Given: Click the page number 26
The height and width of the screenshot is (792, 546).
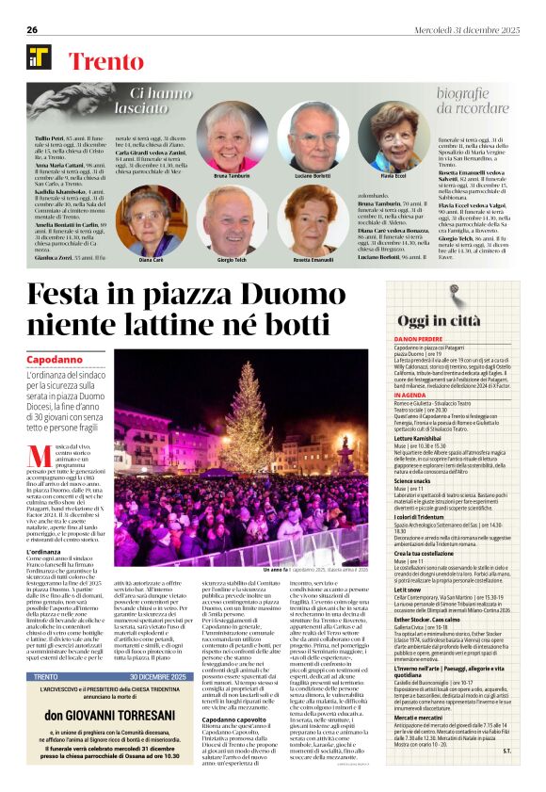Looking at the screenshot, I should click(32, 29).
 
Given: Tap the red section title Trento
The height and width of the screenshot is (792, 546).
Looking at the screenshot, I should click(106, 61).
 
